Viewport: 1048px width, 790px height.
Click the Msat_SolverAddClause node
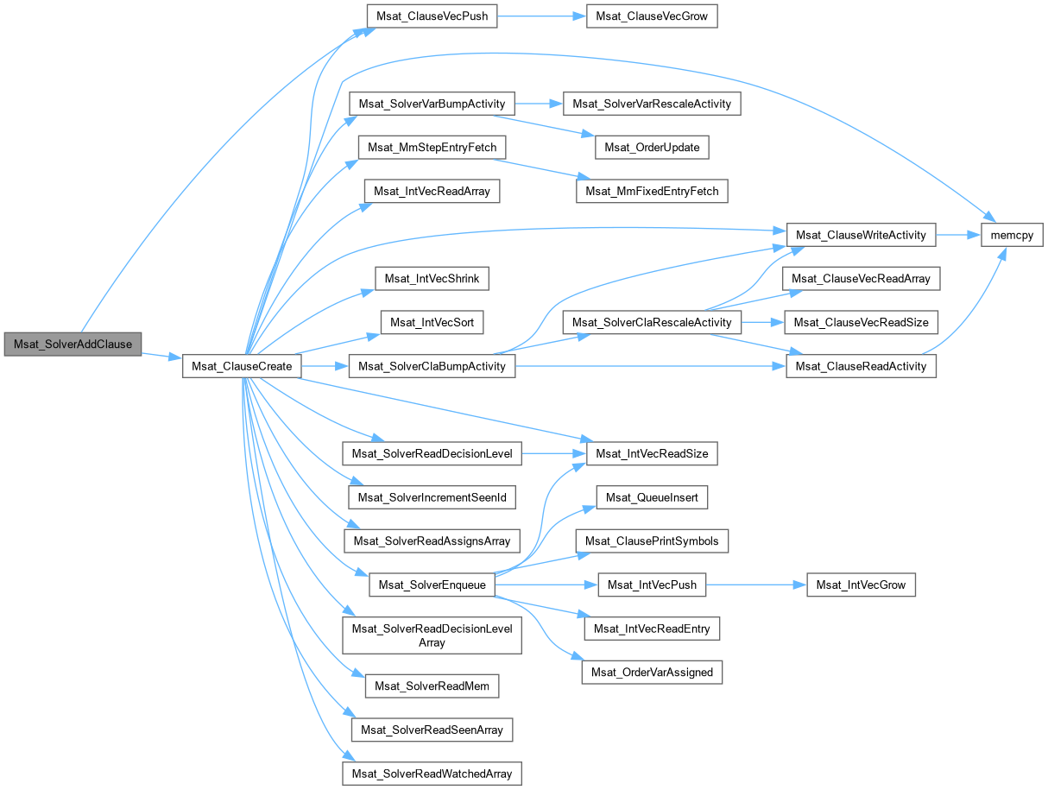coord(73,344)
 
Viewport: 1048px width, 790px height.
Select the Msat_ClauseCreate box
coord(242,366)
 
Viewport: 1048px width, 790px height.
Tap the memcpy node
coord(1012,235)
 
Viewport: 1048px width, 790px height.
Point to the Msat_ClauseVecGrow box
coord(651,16)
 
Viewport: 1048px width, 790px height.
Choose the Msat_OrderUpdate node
coord(652,147)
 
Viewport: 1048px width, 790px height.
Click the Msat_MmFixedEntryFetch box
coord(652,190)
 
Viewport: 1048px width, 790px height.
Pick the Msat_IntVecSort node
coord(432,322)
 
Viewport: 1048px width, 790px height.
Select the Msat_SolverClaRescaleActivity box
coord(652,322)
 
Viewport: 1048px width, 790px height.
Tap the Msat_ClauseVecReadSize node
coord(861,322)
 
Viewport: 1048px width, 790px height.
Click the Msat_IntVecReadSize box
coord(652,452)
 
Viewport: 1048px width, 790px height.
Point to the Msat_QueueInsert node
coord(652,497)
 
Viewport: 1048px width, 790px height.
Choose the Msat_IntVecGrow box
coord(861,585)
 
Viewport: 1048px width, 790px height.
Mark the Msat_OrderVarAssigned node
coord(652,672)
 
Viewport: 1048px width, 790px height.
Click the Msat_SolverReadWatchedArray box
coord(432,773)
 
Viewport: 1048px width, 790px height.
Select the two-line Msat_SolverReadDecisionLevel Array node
coord(432,635)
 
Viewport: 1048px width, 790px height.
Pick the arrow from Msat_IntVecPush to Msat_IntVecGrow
coord(756,585)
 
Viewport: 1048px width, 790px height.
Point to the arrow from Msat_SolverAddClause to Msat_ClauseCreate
coord(161,356)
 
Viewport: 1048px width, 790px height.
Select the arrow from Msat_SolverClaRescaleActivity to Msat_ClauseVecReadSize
coord(762,322)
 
